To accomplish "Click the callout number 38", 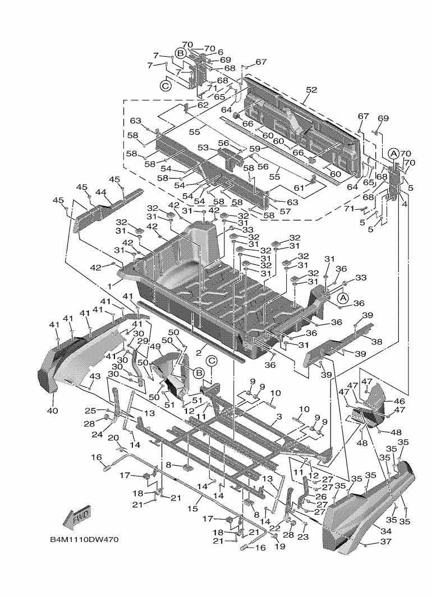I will [376, 341].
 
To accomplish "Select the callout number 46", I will [399, 402].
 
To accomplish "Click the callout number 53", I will [203, 148].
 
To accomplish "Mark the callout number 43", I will [94, 375].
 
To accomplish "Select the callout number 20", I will [112, 437].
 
